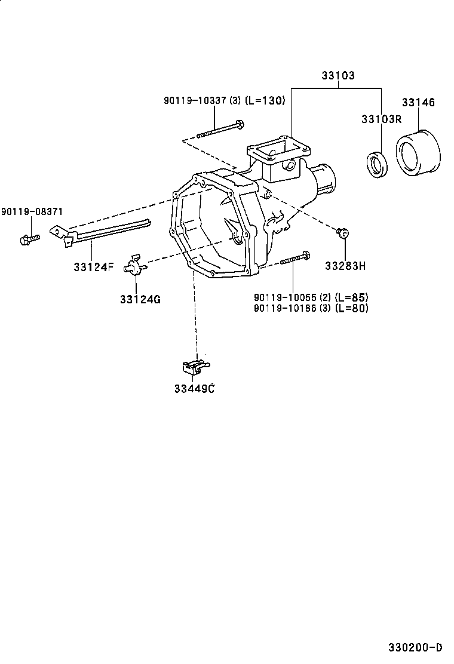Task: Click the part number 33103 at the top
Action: [338, 75]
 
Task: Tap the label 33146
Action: [418, 102]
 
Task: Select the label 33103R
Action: [381, 119]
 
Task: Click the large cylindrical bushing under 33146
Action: [418, 153]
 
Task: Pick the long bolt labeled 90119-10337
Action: [220, 130]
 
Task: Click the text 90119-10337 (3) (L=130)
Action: [225, 100]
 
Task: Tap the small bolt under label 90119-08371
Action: [30, 239]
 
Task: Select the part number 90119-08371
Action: [32, 211]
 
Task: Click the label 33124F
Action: [94, 267]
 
